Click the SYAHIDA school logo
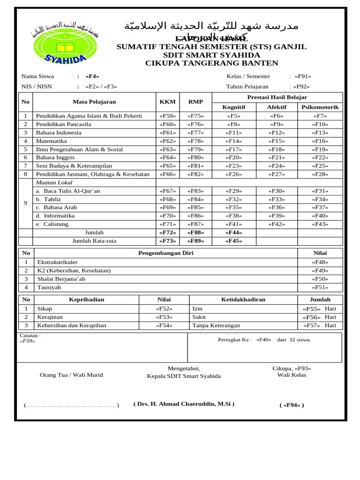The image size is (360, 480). click(65, 45)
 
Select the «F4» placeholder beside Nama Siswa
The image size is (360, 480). click(92, 76)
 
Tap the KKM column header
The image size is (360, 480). click(167, 102)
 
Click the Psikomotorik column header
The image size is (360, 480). click(320, 107)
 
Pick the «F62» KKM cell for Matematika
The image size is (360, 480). click(167, 141)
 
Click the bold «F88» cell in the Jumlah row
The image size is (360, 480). click(195, 232)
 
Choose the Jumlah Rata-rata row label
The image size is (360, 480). click(94, 241)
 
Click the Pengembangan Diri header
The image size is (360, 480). click(165, 253)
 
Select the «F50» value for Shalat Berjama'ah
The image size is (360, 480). click(320, 279)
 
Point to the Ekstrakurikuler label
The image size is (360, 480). click(58, 262)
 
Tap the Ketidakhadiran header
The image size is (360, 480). click(243, 300)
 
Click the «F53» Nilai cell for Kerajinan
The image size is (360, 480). click(164, 317)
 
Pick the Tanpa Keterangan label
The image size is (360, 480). click(216, 325)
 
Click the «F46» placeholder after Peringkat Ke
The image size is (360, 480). click(264, 340)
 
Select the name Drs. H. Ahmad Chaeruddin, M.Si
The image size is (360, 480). click(184, 404)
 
